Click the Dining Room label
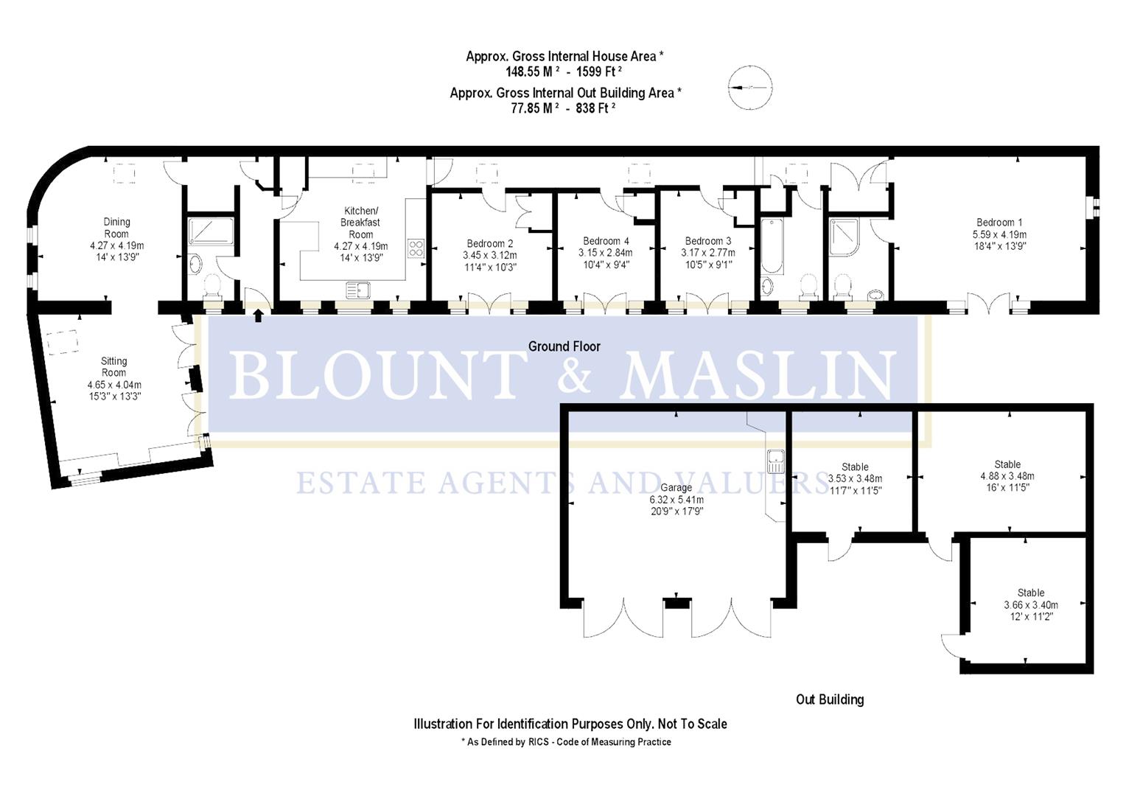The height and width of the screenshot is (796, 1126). click(x=116, y=227)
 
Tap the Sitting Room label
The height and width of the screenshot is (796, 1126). click(x=113, y=366)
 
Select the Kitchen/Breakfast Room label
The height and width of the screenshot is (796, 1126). click(x=360, y=222)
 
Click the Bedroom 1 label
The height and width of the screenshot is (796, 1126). click(x=999, y=223)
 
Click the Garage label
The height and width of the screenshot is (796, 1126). click(x=676, y=487)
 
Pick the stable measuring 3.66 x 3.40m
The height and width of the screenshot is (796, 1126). click(x=1030, y=605)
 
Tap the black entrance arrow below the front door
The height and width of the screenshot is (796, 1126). click(x=258, y=315)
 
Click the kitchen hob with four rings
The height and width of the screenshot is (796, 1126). click(x=416, y=248)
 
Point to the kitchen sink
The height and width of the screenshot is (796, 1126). click(x=359, y=289)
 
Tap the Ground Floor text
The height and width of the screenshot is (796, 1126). click(x=564, y=346)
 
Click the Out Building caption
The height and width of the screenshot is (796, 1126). click(x=829, y=699)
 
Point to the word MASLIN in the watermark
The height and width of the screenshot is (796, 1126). click(x=759, y=375)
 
